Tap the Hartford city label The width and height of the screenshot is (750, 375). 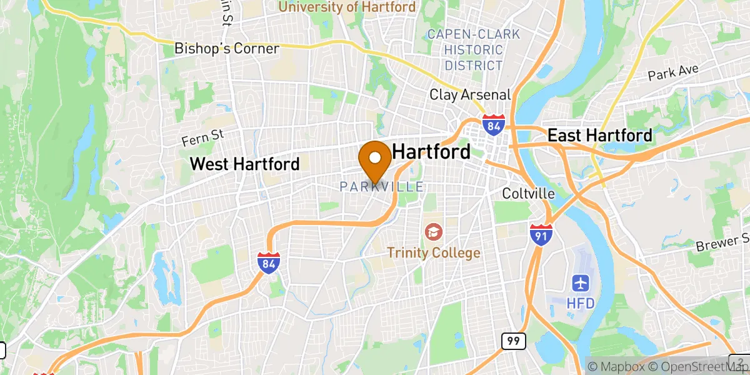(x=431, y=152)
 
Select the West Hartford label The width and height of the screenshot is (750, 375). (x=245, y=164)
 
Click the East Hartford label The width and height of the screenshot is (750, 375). (x=600, y=135)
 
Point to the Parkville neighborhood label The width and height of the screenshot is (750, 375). (x=382, y=187)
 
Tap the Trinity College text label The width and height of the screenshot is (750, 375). (x=433, y=253)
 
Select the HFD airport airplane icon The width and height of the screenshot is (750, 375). (x=581, y=283)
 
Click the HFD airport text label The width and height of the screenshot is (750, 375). (x=581, y=303)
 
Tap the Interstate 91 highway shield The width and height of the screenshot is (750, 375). (x=539, y=235)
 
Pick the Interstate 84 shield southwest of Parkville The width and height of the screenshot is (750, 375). (x=268, y=263)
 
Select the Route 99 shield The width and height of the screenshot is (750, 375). (x=513, y=341)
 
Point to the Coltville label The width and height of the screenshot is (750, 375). (x=528, y=194)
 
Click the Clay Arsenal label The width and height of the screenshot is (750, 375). (x=470, y=95)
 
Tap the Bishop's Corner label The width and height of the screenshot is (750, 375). (x=227, y=48)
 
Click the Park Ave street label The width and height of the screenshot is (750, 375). (x=672, y=72)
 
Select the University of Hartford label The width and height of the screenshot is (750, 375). (x=347, y=7)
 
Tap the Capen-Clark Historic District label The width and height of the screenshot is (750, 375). (x=473, y=49)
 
